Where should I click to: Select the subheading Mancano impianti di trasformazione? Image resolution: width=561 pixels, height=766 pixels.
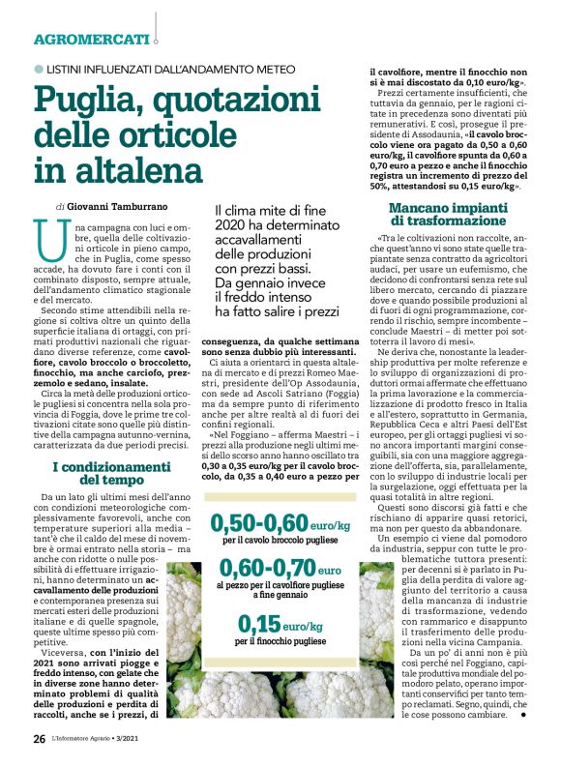(x=453, y=214)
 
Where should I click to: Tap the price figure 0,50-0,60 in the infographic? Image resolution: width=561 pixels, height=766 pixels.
(x=262, y=523)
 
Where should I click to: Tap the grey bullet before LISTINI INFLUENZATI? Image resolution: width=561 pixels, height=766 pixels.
(x=40, y=69)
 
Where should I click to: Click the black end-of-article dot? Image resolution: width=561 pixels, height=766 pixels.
(x=523, y=715)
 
